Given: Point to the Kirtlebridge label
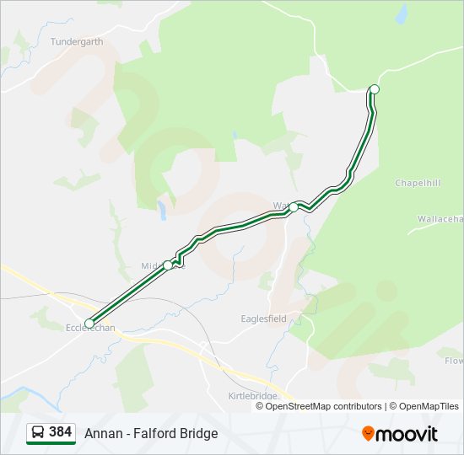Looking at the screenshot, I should click(x=252, y=395).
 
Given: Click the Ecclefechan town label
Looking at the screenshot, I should click(x=90, y=330).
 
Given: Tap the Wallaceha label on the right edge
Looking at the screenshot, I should click(x=440, y=219).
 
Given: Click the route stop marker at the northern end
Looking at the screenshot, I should click(x=375, y=89).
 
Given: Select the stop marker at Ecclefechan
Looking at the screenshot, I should click(x=89, y=323).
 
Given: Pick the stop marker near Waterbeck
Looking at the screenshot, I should click(x=293, y=206).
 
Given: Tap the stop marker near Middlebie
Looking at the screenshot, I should click(x=168, y=265).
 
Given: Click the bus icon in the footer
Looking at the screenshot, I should click(x=38, y=432).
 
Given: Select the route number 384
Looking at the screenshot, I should click(x=61, y=432).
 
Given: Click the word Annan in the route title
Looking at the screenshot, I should click(x=100, y=434).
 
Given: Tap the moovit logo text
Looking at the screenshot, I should click(x=407, y=434).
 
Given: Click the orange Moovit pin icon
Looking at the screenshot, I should click(x=368, y=434).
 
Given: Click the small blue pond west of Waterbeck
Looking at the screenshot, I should click(x=162, y=210).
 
